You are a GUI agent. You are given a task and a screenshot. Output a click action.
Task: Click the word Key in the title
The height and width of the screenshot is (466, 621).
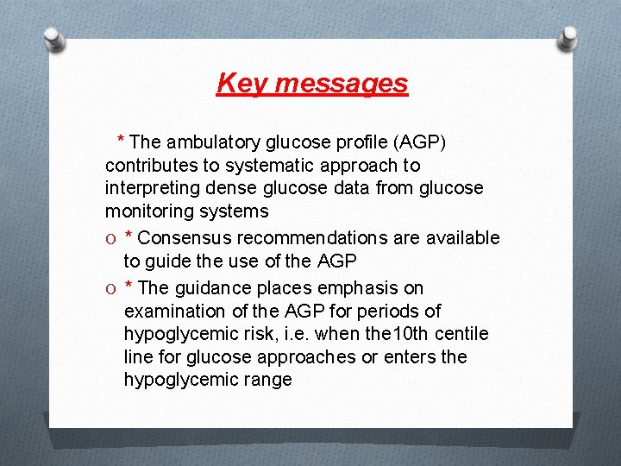tap(237, 84)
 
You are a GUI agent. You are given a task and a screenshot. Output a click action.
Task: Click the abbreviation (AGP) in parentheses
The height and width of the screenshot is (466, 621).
tap(413, 142)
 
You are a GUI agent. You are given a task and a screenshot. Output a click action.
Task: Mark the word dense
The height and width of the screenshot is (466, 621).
tap(231, 188)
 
